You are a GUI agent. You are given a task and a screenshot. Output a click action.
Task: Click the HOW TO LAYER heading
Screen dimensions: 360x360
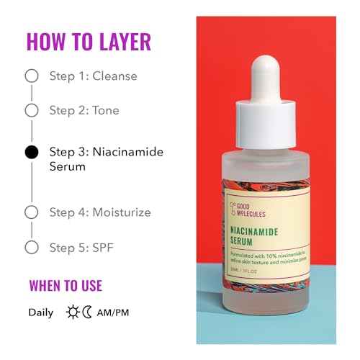(x=89, y=41)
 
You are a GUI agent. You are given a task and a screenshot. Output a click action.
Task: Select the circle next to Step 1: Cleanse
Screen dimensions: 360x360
(x=31, y=76)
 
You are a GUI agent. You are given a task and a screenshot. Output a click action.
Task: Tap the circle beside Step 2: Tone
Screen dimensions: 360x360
(x=31, y=110)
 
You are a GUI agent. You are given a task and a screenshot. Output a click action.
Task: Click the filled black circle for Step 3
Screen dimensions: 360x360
(x=31, y=152)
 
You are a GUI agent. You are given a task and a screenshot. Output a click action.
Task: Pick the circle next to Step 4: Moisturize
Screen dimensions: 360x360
(x=31, y=212)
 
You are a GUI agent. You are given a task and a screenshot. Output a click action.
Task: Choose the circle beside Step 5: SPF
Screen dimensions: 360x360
(x=31, y=247)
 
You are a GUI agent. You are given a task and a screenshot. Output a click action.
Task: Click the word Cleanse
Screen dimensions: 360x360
(x=114, y=76)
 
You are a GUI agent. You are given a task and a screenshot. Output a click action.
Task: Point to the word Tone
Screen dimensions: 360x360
(x=105, y=110)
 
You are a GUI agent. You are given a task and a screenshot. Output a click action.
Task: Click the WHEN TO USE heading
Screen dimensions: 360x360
(x=66, y=285)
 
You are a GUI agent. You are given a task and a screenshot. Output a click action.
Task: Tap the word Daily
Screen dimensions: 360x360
(x=40, y=312)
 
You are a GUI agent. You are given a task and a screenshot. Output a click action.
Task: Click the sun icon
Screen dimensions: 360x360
(x=73, y=312)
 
